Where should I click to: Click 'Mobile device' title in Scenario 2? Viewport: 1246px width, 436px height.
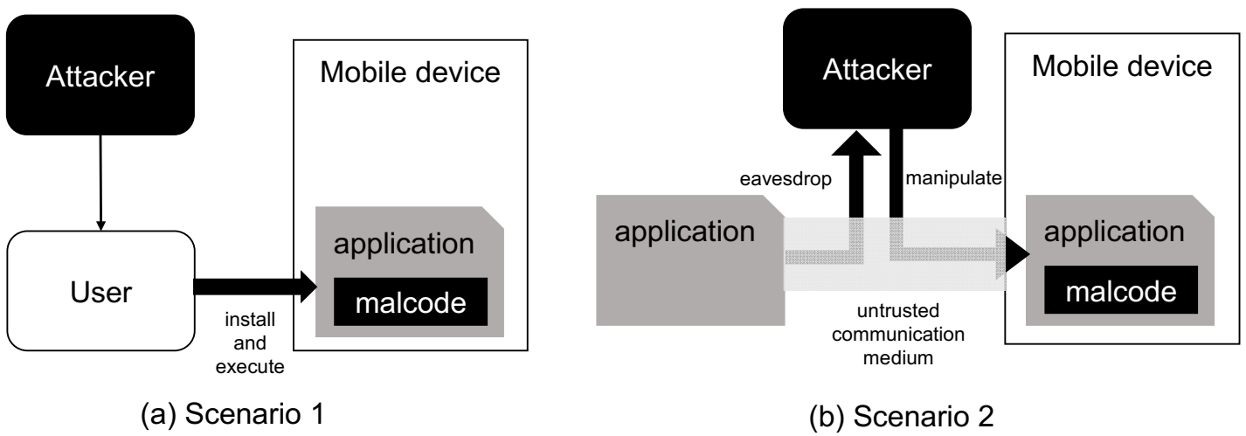[1122, 67]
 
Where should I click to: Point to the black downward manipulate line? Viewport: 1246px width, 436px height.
[896, 175]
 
